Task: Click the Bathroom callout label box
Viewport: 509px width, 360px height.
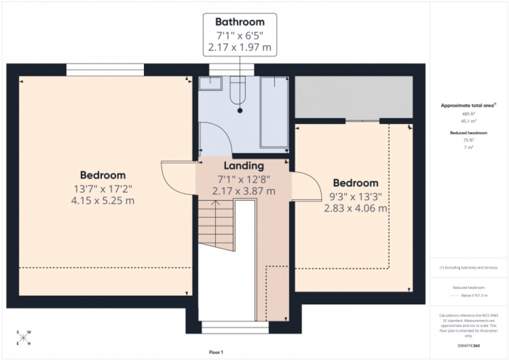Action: pos(239,35)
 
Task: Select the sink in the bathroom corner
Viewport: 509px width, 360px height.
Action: pos(210,83)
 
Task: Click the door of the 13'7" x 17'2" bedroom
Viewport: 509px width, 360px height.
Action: pos(177,177)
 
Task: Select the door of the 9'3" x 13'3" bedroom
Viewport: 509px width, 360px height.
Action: pos(306,186)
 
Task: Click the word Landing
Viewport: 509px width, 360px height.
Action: pos(244,166)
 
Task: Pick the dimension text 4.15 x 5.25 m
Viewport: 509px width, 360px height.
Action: pos(103,200)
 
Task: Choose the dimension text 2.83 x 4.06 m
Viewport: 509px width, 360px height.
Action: pos(356,208)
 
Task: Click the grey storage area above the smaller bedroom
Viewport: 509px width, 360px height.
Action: pos(354,97)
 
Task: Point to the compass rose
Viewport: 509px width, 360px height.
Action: pos(23,338)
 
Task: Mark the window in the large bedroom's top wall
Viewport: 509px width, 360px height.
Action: pos(105,70)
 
